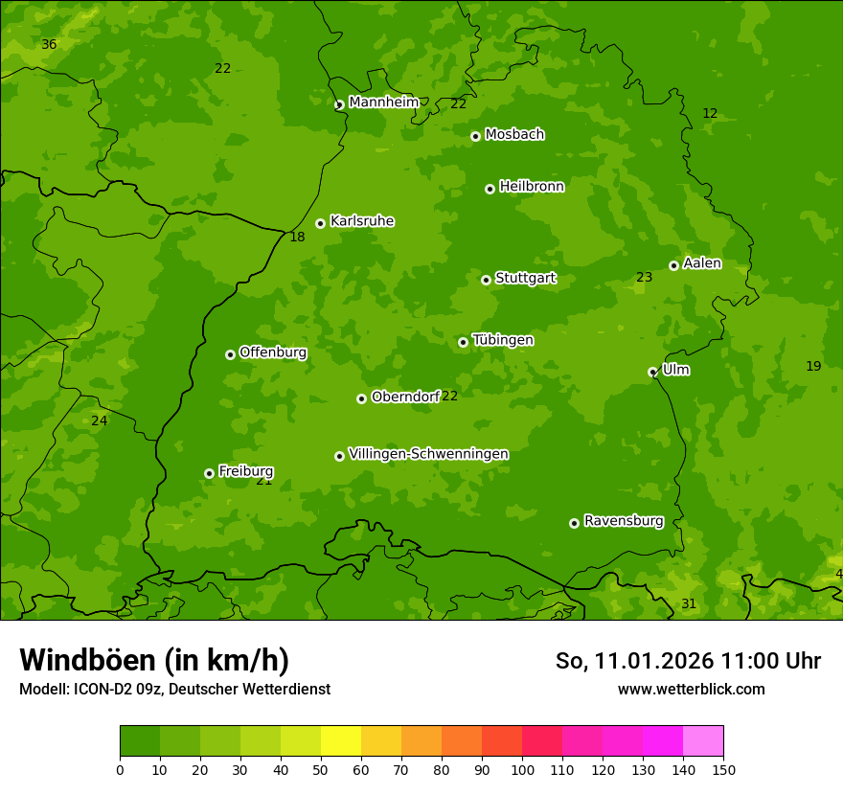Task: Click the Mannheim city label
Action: pyautogui.click(x=383, y=102)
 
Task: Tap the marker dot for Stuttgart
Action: pyautogui.click(x=486, y=280)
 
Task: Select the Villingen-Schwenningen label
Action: pyautogui.click(x=428, y=453)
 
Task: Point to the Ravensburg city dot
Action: pyautogui.click(x=574, y=523)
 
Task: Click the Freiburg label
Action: pyautogui.click(x=245, y=471)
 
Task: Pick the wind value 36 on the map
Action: pyautogui.click(x=49, y=45)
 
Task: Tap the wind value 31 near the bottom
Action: pyautogui.click(x=688, y=603)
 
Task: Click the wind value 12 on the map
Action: pyautogui.click(x=709, y=113)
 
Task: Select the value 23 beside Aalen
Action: pyautogui.click(x=644, y=278)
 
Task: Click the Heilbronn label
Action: pyautogui.click(x=532, y=186)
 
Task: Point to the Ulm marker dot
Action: pyautogui.click(x=652, y=372)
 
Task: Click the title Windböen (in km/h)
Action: pyautogui.click(x=153, y=660)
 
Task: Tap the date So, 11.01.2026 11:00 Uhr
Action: pyautogui.click(x=688, y=661)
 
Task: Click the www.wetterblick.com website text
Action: pyautogui.click(x=691, y=689)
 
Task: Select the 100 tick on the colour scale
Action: pyautogui.click(x=522, y=769)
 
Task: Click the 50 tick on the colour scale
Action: pyautogui.click(x=321, y=769)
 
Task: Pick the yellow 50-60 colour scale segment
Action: pyautogui.click(x=341, y=741)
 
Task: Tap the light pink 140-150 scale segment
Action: pyautogui.click(x=703, y=741)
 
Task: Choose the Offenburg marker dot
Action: pyautogui.click(x=230, y=354)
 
